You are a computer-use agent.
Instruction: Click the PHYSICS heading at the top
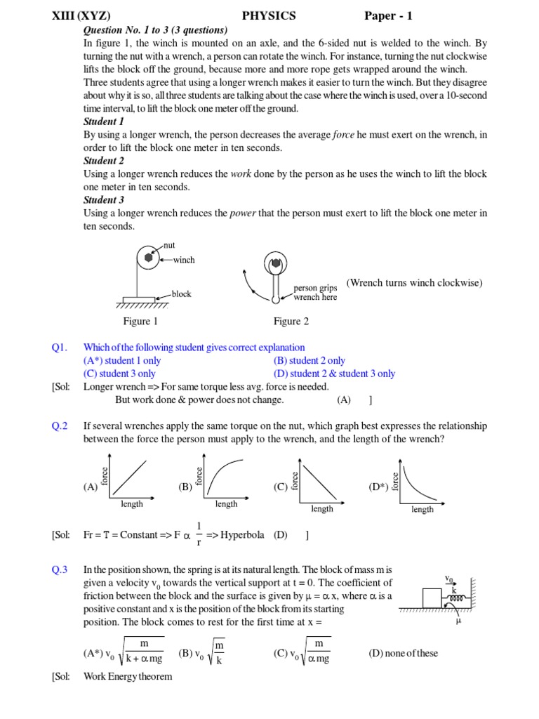[269, 15]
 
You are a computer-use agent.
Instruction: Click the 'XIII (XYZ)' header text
[81, 15]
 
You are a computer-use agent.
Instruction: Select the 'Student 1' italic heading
[104, 121]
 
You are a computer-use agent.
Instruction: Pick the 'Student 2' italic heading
[104, 161]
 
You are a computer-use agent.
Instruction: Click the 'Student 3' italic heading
[104, 200]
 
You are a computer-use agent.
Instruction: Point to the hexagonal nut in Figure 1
[148, 258]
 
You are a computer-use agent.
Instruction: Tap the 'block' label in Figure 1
[181, 294]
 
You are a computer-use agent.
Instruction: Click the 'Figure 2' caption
[291, 322]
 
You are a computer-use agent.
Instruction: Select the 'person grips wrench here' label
[315, 293]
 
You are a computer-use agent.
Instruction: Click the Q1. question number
[59, 348]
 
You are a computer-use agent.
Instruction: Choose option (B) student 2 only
[310, 361]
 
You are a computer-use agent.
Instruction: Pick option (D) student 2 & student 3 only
[334, 374]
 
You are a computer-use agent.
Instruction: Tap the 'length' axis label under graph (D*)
[422, 510]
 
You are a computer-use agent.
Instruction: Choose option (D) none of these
[403, 654]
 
